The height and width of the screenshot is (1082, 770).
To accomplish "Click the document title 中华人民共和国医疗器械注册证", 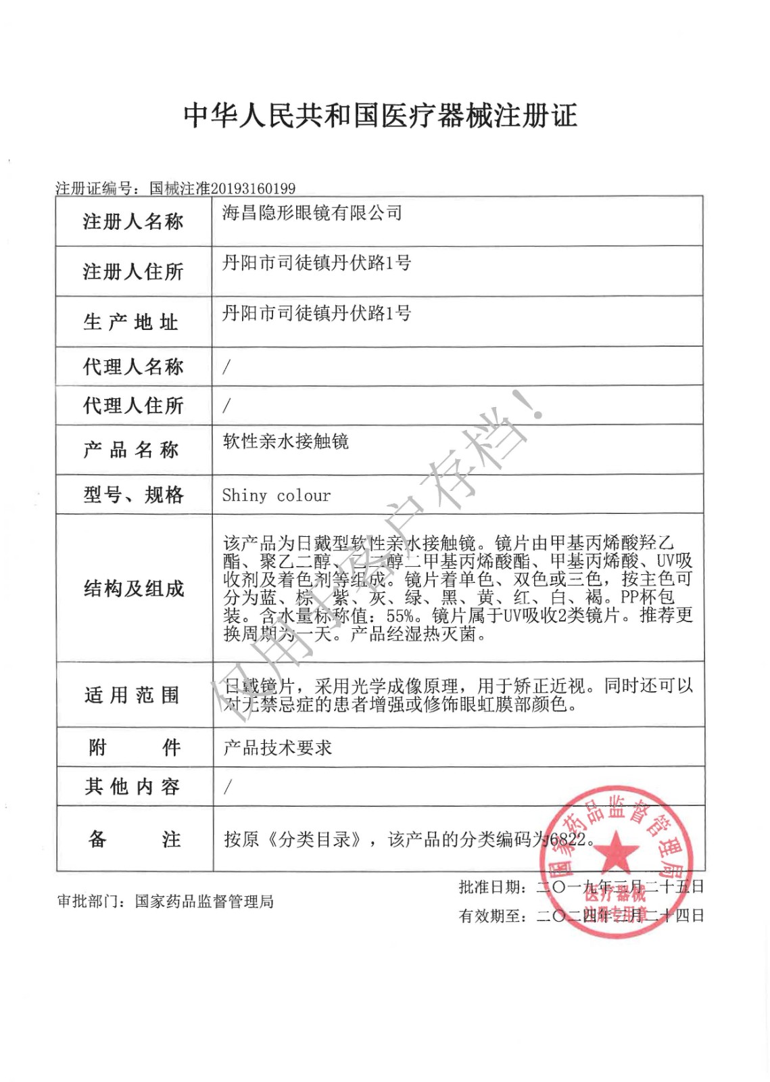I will [x=381, y=116].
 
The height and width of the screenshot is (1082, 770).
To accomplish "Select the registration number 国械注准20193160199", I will [x=222, y=188].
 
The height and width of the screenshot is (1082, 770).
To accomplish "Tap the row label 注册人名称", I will [x=133, y=222].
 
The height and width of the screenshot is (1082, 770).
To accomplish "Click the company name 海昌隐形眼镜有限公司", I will [x=312, y=213].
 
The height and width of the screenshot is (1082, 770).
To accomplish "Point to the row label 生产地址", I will [x=131, y=322].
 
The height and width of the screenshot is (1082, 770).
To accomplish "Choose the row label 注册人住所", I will [x=133, y=272].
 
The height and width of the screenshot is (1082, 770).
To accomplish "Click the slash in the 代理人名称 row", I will [x=226, y=367].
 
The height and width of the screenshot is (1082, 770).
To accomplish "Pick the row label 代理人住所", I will [x=133, y=406].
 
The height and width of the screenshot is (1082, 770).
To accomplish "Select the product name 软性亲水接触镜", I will [x=286, y=442].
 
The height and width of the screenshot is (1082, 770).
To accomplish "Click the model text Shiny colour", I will [x=276, y=496].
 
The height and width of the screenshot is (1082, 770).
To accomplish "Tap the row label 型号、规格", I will [x=133, y=495].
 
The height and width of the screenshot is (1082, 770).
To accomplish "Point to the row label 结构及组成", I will [x=134, y=588].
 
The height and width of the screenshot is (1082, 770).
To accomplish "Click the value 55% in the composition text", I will [x=400, y=616].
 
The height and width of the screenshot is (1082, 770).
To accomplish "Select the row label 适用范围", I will [x=132, y=695].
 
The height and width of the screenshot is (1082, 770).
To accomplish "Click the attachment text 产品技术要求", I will [x=278, y=747].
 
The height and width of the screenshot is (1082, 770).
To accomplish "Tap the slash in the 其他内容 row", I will [x=227, y=786].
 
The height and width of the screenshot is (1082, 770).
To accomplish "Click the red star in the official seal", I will [x=615, y=851].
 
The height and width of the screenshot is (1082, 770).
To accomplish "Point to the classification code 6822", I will [x=568, y=840].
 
